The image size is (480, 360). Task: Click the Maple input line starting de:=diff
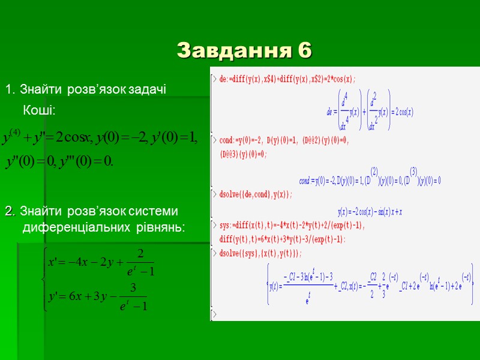pos(288,79)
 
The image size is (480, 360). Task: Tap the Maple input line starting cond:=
pos(282,140)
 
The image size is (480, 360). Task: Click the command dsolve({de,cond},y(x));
pos(255,194)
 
